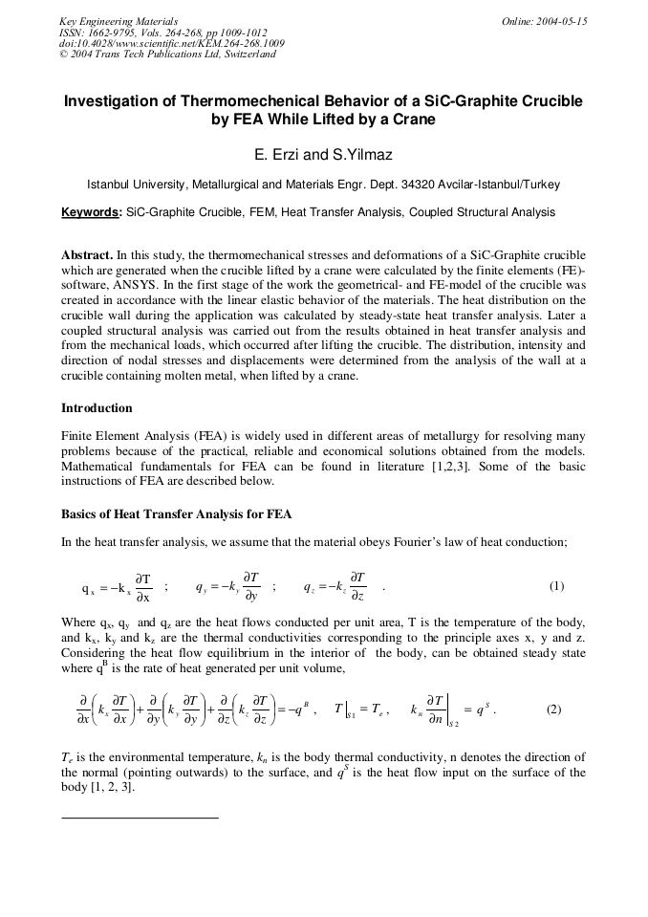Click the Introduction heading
click(x=97, y=408)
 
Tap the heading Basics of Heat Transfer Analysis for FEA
click(x=177, y=514)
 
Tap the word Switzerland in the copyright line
click(x=247, y=55)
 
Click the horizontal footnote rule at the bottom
click(x=140, y=818)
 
